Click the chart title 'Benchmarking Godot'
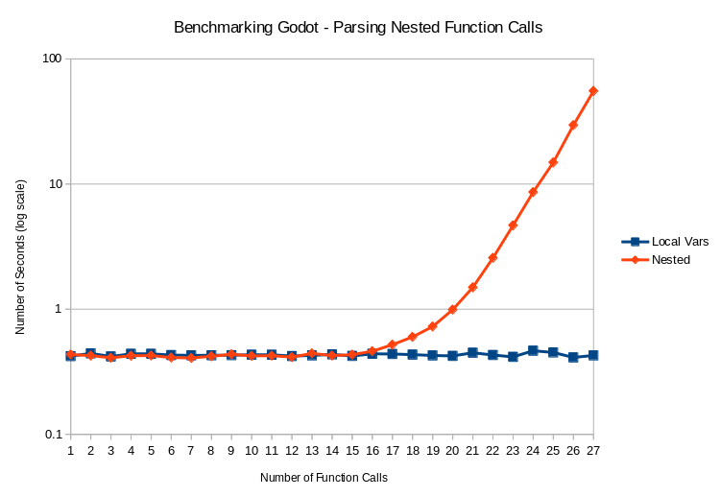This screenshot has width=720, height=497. (x=358, y=28)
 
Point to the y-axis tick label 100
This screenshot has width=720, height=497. (x=52, y=59)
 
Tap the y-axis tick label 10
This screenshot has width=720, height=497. (x=55, y=183)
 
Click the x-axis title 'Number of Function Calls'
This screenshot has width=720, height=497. (x=324, y=477)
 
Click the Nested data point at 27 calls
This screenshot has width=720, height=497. (x=593, y=91)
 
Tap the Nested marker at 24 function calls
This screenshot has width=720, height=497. (x=533, y=192)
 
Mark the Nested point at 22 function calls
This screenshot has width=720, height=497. (x=492, y=258)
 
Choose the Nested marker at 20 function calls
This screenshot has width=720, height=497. (x=452, y=310)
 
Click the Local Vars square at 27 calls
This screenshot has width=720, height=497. (x=593, y=355)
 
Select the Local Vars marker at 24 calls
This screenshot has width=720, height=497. (x=533, y=351)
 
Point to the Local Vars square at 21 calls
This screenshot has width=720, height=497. (x=472, y=353)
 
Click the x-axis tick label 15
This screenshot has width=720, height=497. (x=351, y=449)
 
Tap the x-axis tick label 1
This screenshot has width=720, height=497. (x=70, y=449)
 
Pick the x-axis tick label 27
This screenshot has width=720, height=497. (x=593, y=449)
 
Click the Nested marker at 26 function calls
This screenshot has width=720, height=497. (x=573, y=125)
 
